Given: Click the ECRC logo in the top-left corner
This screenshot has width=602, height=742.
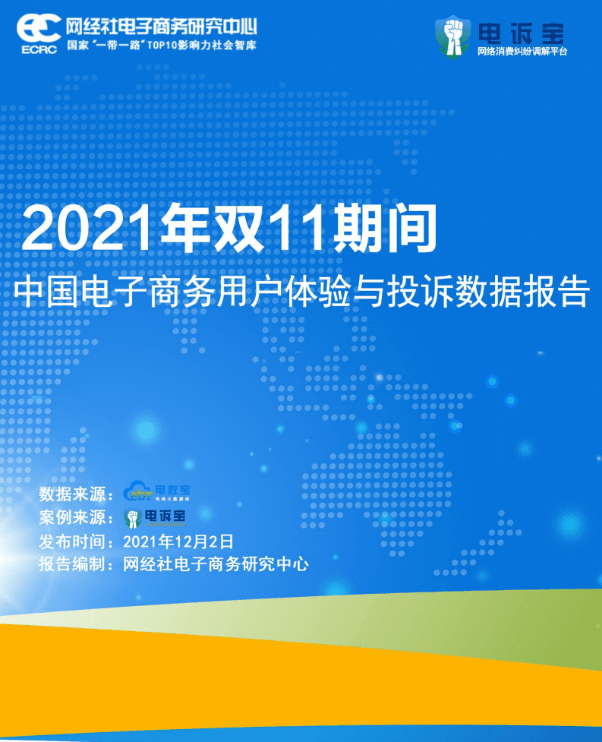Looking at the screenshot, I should tap(39, 33).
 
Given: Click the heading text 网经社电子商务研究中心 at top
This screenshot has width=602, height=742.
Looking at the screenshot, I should tap(161, 27).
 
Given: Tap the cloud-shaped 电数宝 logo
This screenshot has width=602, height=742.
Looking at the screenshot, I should tap(156, 491).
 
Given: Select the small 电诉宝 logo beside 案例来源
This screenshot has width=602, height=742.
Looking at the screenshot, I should tap(156, 518).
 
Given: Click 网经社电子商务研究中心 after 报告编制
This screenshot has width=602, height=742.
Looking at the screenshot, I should tap(215, 564).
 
